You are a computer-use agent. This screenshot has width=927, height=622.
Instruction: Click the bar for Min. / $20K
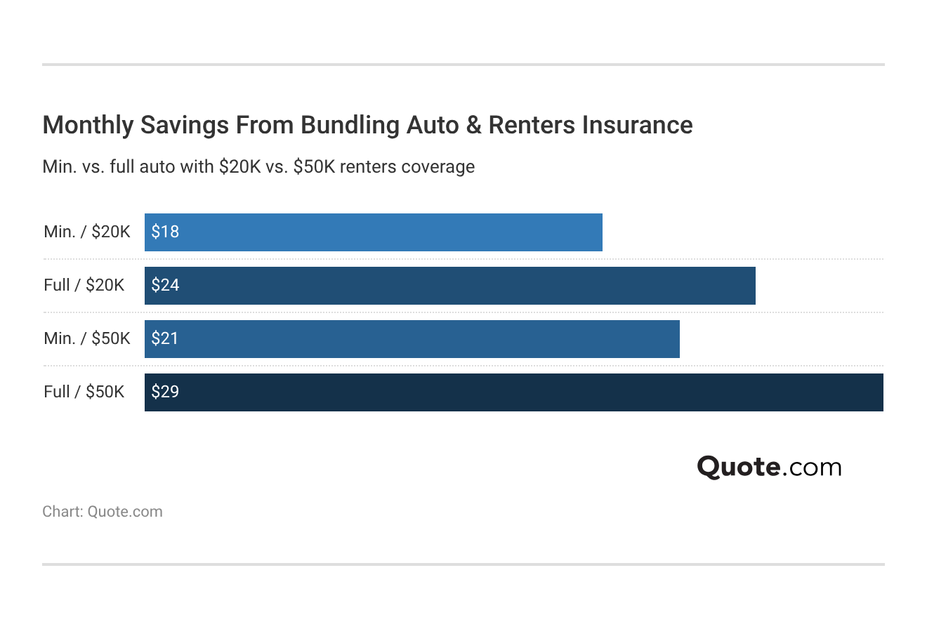point(373,232)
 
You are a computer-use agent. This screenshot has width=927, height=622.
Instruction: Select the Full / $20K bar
point(449,286)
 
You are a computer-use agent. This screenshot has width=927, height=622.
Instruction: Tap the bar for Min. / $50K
point(412,339)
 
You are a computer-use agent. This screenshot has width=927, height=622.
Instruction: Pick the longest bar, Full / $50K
point(513,392)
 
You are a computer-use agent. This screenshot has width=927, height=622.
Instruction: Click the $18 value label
point(165,232)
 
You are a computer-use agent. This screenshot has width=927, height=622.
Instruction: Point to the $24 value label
point(165,285)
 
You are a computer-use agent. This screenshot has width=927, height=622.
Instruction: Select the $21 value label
point(165,338)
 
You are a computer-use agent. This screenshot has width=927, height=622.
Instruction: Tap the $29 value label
point(165,392)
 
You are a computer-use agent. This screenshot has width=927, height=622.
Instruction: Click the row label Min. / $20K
point(87,232)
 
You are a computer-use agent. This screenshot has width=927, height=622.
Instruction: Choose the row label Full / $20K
point(84,285)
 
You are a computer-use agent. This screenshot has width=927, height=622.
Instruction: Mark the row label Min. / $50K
point(87,338)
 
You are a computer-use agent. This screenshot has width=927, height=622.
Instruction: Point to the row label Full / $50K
point(84,392)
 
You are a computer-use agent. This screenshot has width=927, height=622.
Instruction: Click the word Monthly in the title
point(88,125)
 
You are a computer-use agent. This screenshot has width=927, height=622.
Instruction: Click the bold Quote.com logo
point(769,468)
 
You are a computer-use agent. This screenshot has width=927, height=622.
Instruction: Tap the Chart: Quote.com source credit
point(103,512)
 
